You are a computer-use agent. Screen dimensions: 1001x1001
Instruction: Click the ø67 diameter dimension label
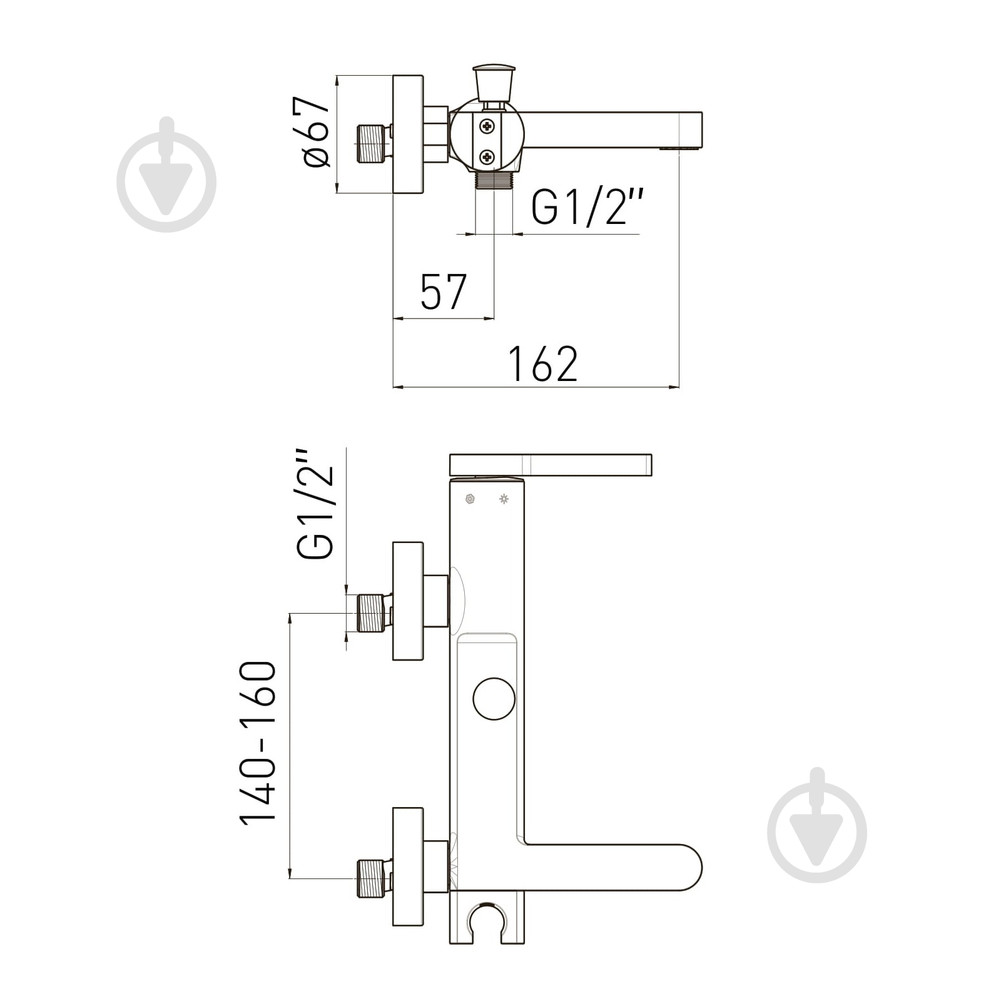(x=317, y=132)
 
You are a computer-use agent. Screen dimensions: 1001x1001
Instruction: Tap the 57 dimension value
(x=444, y=292)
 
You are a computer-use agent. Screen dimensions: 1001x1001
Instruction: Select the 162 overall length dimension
(x=542, y=363)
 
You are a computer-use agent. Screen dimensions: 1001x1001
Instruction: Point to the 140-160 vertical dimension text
(x=258, y=743)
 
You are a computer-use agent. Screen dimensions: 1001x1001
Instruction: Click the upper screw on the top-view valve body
(x=487, y=127)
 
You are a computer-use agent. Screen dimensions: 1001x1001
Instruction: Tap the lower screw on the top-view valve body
(x=487, y=156)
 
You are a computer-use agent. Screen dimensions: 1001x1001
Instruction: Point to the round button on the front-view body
(x=494, y=698)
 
